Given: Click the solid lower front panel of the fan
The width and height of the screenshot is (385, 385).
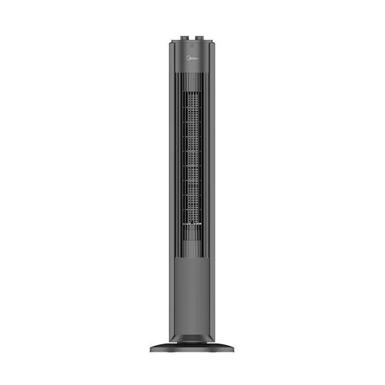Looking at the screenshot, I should click(192, 289).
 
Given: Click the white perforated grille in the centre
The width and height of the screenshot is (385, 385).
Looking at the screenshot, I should click(192, 148).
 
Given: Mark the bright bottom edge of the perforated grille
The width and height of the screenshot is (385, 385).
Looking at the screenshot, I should click(192, 221).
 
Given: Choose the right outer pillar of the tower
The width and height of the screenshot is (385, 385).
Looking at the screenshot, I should click(214, 185).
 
